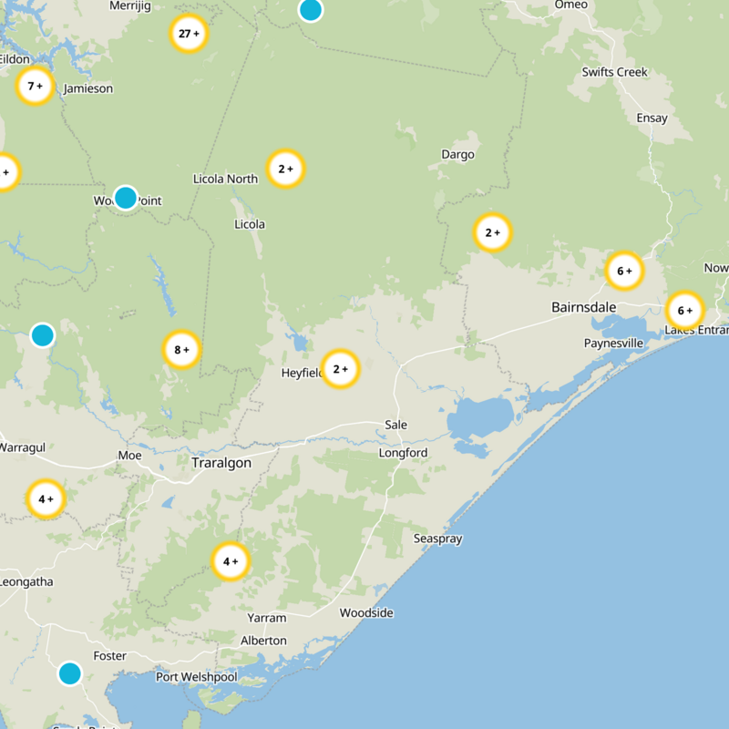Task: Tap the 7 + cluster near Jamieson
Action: tap(36, 87)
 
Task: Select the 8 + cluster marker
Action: tap(181, 349)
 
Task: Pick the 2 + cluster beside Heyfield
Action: tap(341, 369)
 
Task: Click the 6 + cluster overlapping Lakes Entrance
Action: tap(685, 310)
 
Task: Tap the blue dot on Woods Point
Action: tap(126, 197)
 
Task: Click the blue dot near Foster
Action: tap(69, 673)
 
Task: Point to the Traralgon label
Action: tap(221, 463)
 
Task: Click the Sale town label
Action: tap(396, 425)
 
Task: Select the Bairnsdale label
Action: tap(585, 307)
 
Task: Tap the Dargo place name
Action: tap(457, 154)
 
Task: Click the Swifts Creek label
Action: tap(615, 72)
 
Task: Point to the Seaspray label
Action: tap(437, 539)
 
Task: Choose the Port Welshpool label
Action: tap(196, 677)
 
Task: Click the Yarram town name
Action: tap(267, 618)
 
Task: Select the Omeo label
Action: tap(571, 5)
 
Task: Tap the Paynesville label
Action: tap(614, 344)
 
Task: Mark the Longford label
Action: tap(404, 453)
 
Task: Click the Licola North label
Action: tap(225, 179)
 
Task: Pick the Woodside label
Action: tap(366, 612)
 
